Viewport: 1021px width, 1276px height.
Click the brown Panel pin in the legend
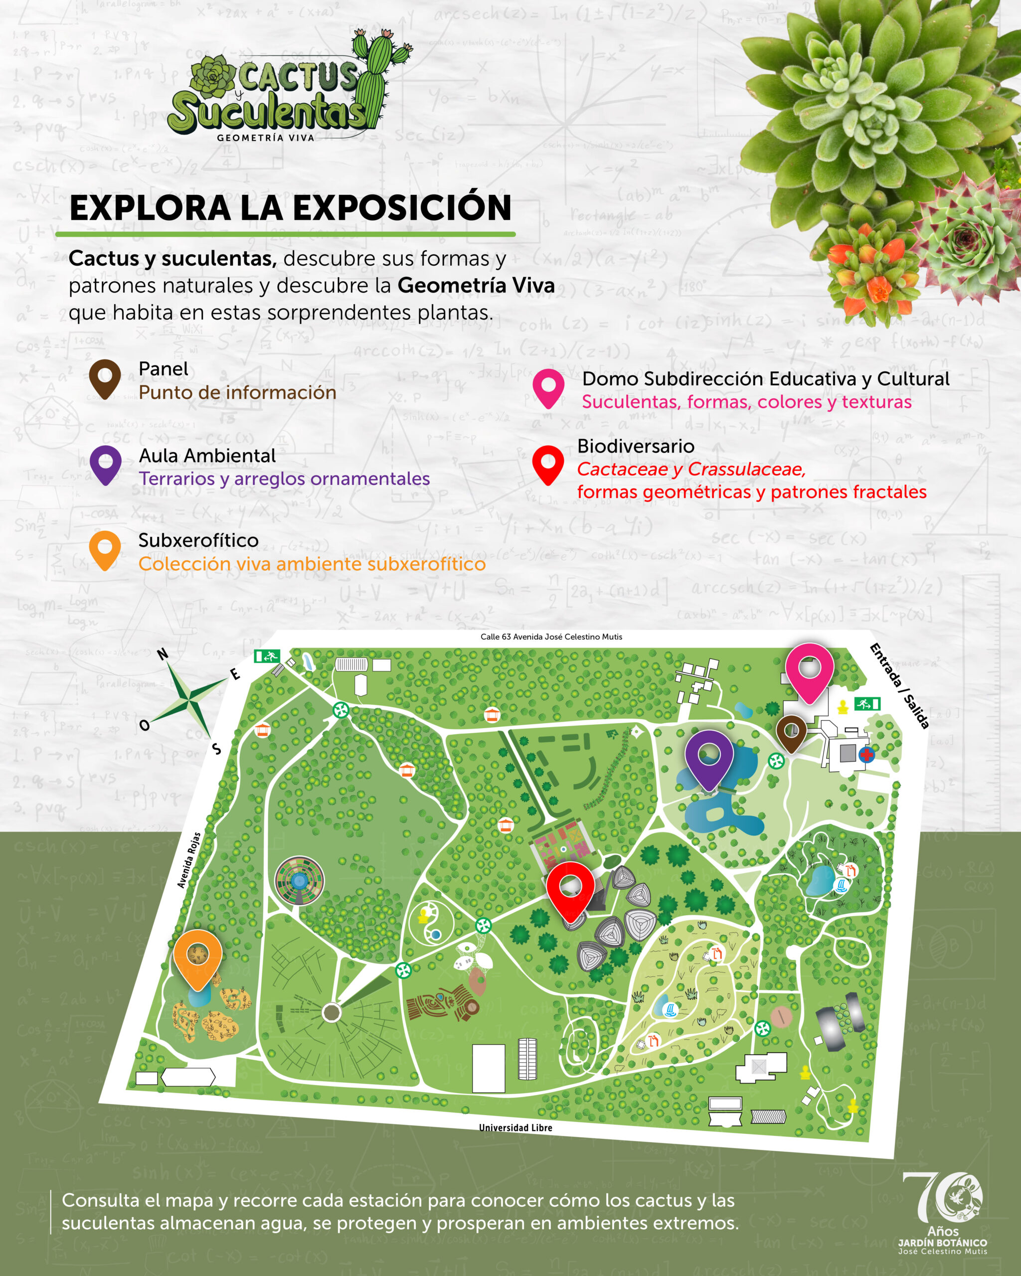tap(105, 378)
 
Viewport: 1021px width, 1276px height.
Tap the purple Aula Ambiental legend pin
tap(105, 465)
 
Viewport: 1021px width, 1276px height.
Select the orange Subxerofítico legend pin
tap(105, 550)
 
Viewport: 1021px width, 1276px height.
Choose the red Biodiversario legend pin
tap(548, 465)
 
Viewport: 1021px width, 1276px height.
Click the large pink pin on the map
tap(809, 672)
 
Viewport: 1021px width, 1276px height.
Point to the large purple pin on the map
tap(708, 758)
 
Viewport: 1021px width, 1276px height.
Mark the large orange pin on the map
tap(198, 957)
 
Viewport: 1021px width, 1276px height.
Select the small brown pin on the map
tap(791, 733)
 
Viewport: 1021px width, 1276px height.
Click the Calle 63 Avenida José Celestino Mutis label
tap(551, 637)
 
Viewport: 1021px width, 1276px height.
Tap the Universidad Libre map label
tap(515, 1128)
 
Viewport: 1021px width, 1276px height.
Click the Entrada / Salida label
tap(898, 685)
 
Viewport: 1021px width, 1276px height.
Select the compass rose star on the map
tap(188, 701)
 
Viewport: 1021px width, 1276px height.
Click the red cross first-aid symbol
tap(866, 755)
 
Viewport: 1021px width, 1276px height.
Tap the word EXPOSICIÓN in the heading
tap(402, 208)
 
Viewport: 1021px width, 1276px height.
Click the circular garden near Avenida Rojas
tap(300, 881)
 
